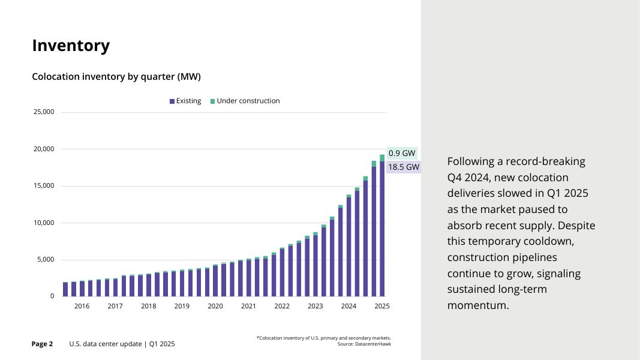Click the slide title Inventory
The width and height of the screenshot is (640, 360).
(x=71, y=46)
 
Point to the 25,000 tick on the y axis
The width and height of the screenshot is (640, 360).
(x=43, y=112)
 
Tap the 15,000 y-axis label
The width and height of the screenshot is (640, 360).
(x=43, y=186)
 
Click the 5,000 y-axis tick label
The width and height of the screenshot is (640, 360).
(x=46, y=260)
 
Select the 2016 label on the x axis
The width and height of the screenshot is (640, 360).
(x=82, y=306)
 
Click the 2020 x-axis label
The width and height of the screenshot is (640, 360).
(x=215, y=306)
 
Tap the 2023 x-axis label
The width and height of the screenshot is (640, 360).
(x=316, y=306)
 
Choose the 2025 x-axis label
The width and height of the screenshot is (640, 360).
(x=382, y=306)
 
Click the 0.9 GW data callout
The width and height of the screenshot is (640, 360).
(x=402, y=154)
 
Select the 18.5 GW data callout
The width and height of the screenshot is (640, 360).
(x=404, y=167)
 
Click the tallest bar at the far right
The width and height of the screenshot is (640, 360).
(x=382, y=228)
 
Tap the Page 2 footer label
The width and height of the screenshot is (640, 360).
(x=42, y=344)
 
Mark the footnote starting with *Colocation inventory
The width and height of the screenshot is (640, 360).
(x=323, y=338)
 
